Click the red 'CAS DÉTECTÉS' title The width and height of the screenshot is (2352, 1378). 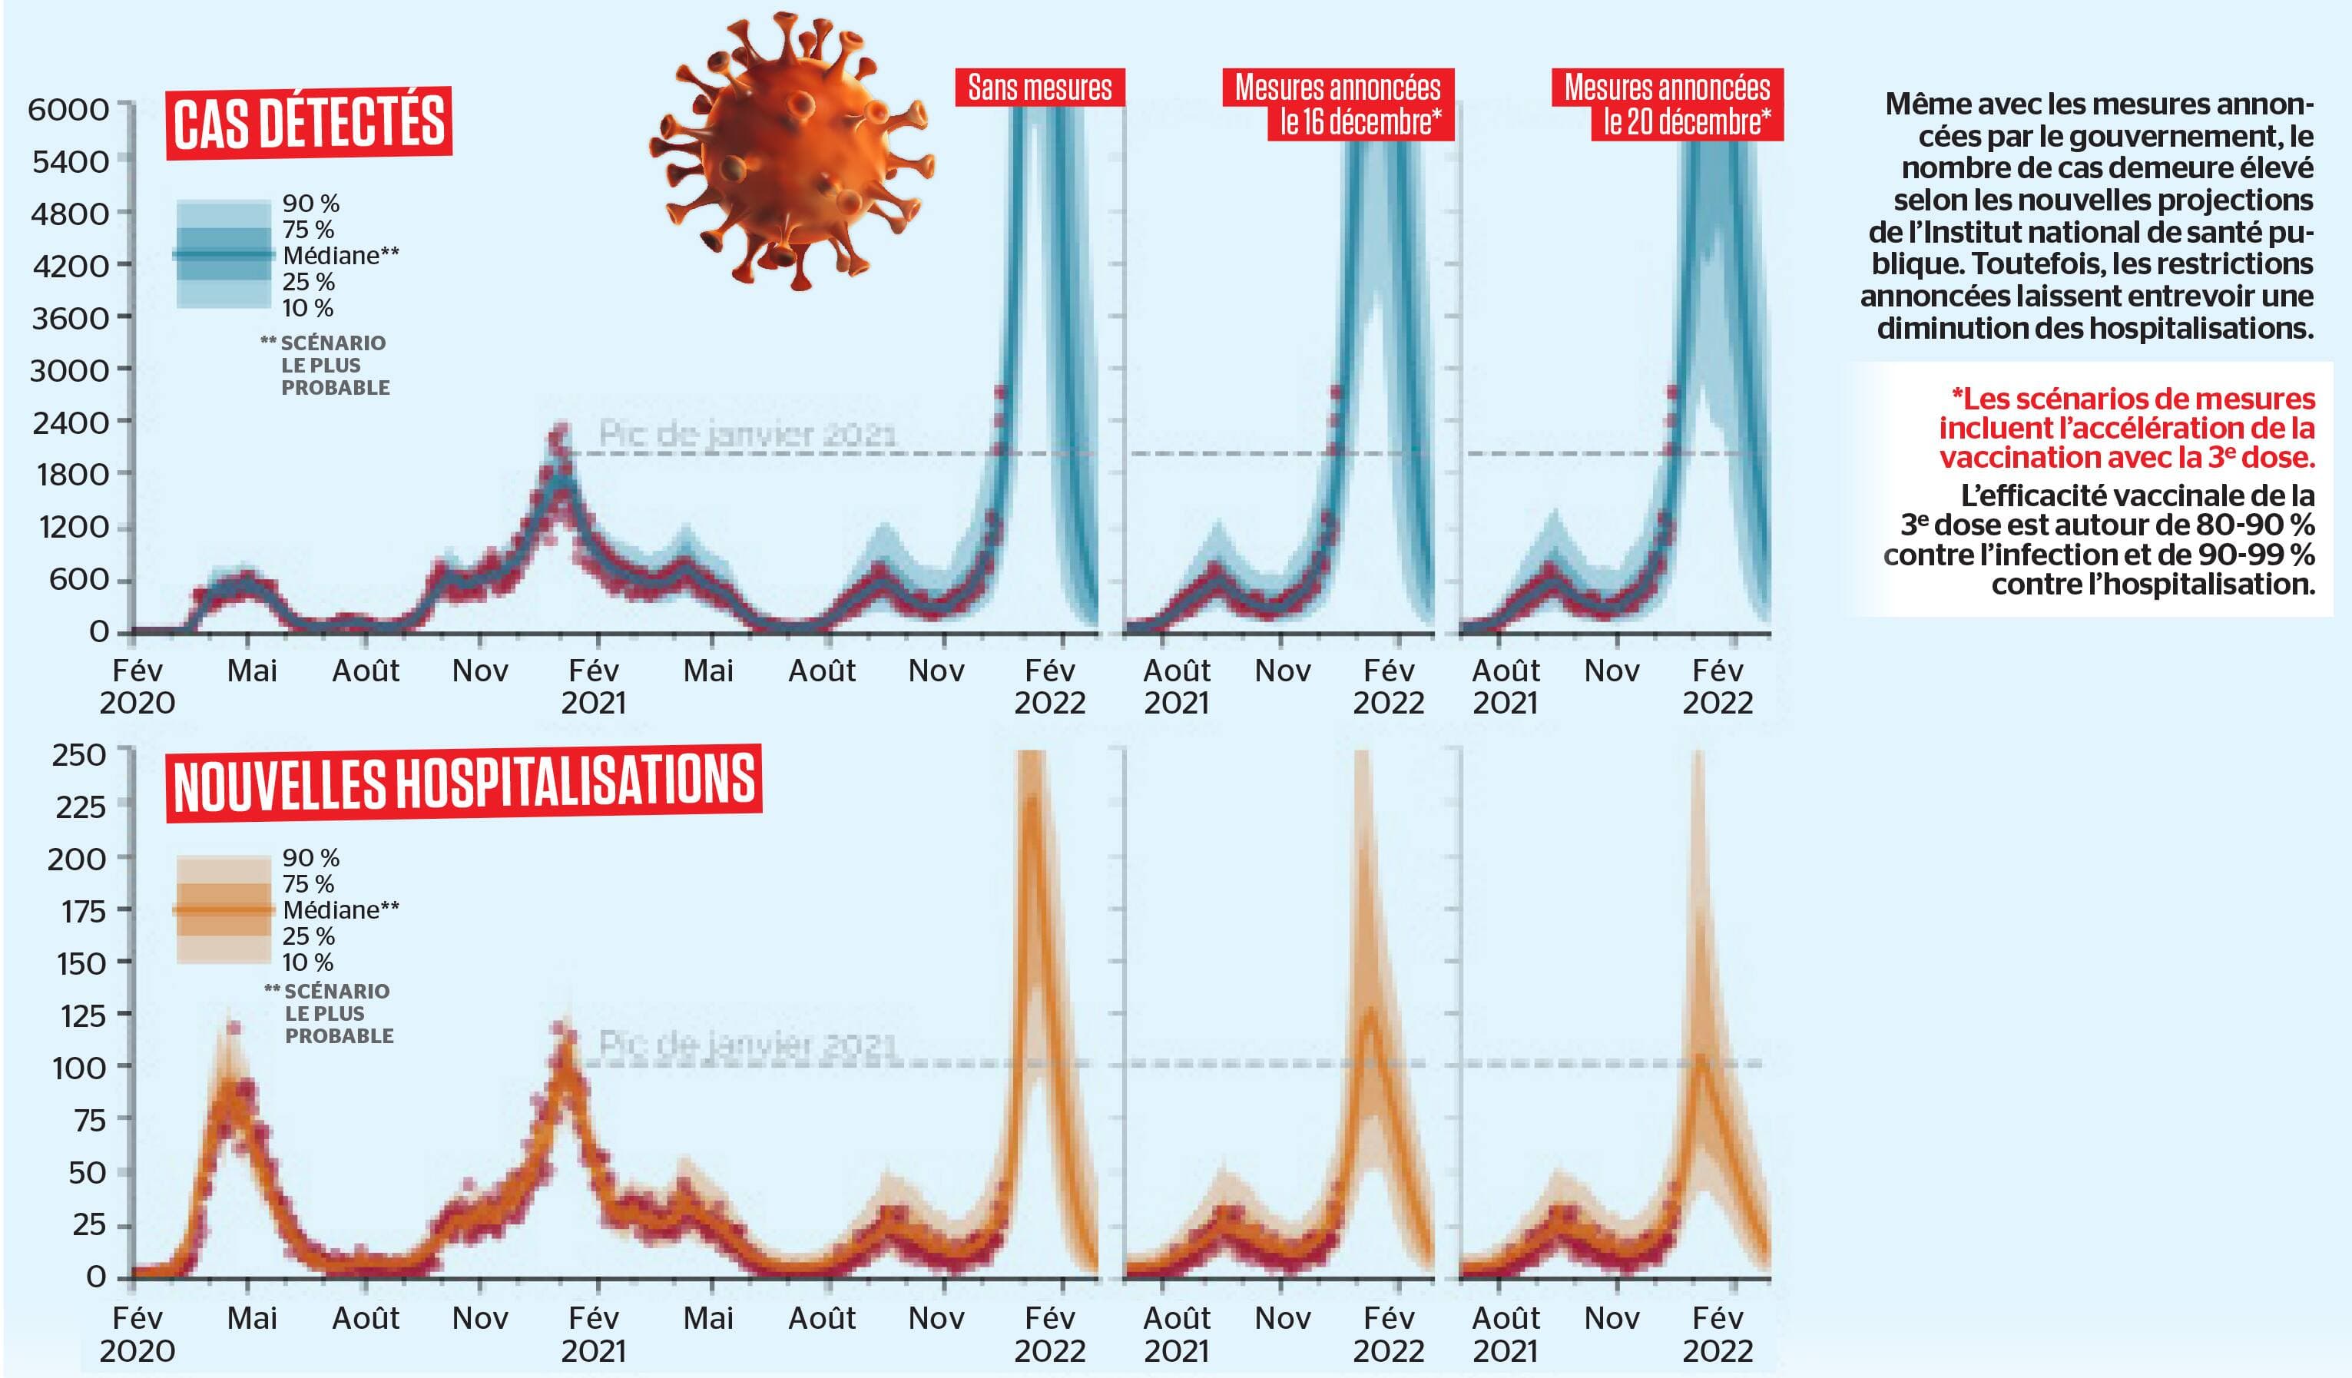pyautogui.click(x=309, y=122)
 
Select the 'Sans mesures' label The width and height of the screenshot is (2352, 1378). pyautogui.click(x=1040, y=88)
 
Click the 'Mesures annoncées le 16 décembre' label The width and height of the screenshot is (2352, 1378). pyautogui.click(x=1338, y=104)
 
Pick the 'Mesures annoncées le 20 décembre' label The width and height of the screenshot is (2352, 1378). pyautogui.click(x=1668, y=104)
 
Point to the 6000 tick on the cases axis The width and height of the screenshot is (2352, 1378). pyautogui.click(x=69, y=110)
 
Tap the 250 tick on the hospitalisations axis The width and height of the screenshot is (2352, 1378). pyautogui.click(x=79, y=754)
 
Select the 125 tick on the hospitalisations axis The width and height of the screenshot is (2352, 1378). pyautogui.click(x=83, y=1015)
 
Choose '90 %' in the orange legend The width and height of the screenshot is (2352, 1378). pyautogui.click(x=311, y=858)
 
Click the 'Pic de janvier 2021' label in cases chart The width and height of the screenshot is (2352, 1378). pyautogui.click(x=747, y=434)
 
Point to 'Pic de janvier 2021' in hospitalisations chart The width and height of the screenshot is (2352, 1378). pyautogui.click(x=747, y=1045)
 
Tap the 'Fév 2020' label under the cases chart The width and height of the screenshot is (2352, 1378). pyautogui.click(x=137, y=686)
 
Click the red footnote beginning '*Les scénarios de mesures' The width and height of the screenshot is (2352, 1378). pyautogui.click(x=2128, y=428)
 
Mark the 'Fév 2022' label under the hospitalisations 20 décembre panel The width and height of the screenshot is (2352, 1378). pyautogui.click(x=1718, y=1334)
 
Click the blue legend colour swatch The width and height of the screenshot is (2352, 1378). pyautogui.click(x=222, y=255)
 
